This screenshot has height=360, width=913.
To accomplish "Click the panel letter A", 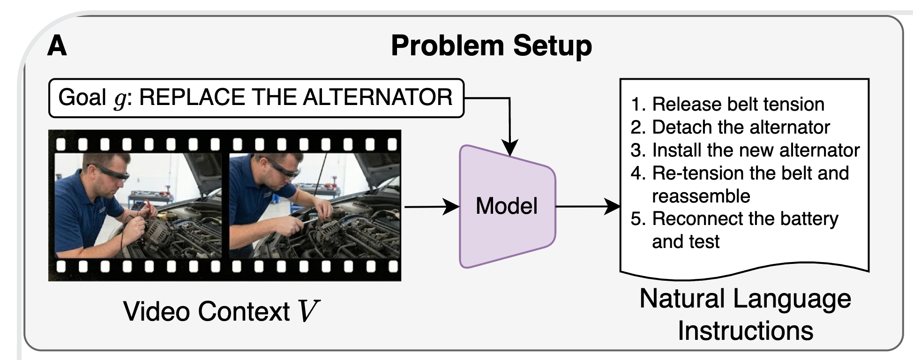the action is [x=57, y=46].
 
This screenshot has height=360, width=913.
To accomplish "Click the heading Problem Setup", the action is [x=491, y=46].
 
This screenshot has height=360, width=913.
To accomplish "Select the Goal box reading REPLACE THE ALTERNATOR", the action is [x=256, y=98].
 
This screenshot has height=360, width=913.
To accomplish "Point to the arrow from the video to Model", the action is [x=432, y=206].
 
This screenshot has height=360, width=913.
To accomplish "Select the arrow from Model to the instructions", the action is [x=588, y=206].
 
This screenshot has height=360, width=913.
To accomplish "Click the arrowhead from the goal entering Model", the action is [x=510, y=149].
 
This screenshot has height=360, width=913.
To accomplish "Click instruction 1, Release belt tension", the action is [x=727, y=104].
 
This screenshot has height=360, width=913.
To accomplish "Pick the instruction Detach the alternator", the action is [x=730, y=127].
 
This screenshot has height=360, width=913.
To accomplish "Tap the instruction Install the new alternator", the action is [x=745, y=150].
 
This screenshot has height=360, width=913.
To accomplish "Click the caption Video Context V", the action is [x=221, y=311].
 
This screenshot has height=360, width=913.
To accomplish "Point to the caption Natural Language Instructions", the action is [x=745, y=315].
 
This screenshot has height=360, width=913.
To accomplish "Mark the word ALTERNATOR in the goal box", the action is [x=378, y=97].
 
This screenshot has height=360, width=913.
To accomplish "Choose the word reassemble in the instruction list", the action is [x=701, y=196].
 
